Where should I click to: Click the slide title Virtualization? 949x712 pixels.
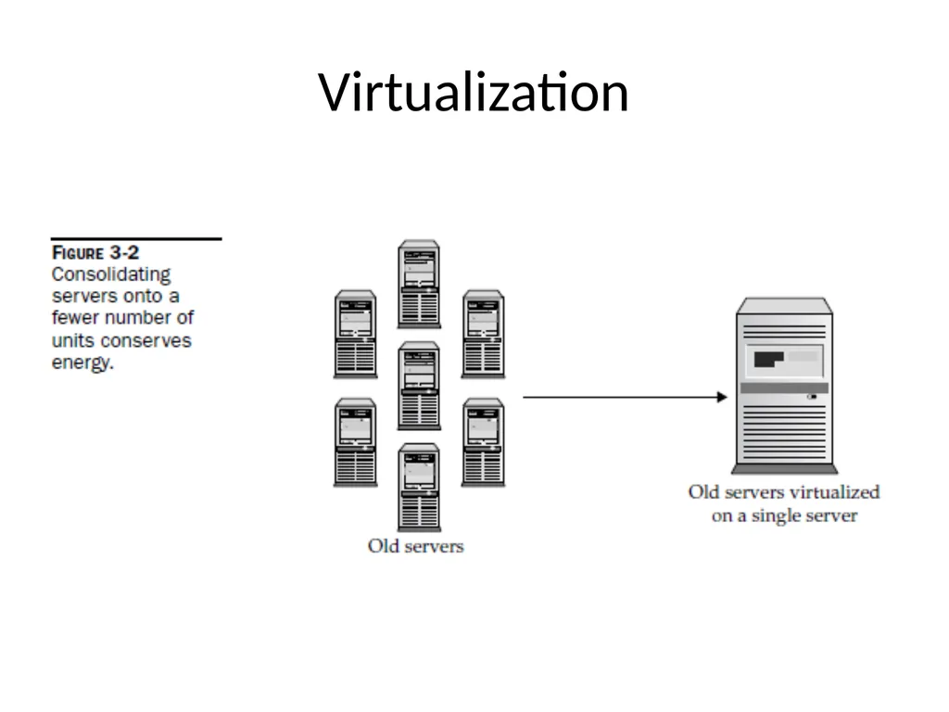click(474, 93)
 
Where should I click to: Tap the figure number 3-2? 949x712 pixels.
click(125, 252)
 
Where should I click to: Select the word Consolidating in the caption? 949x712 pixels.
click(111, 274)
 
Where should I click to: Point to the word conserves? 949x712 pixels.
click(146, 341)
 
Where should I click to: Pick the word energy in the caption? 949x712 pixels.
click(82, 363)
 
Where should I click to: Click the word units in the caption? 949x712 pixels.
click(73, 341)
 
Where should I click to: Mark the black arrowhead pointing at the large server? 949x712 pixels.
click(721, 397)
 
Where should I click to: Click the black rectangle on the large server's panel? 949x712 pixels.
click(768, 359)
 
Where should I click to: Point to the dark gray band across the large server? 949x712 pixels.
click(784, 388)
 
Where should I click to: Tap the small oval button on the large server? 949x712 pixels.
click(812, 397)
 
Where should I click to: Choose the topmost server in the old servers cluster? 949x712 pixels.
click(419, 284)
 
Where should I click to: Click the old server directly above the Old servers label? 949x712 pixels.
click(419, 488)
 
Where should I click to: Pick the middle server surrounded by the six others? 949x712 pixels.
click(419, 386)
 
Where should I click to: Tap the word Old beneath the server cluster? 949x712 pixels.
click(383, 546)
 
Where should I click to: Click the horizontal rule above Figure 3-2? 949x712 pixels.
click(136, 238)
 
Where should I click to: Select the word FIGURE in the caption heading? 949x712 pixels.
click(78, 252)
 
